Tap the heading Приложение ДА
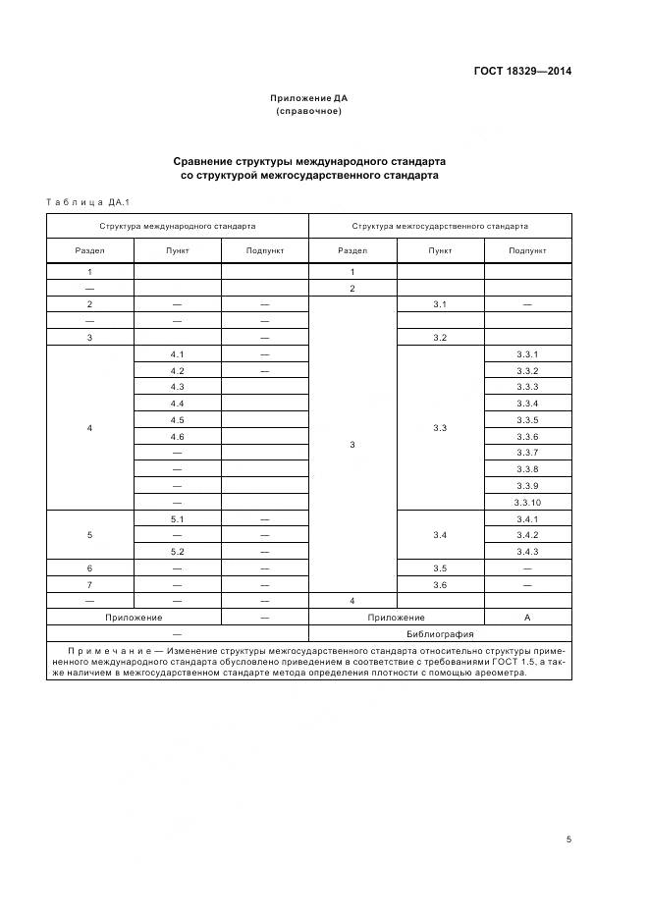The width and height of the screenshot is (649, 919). (x=309, y=98)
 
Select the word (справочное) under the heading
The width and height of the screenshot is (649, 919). (x=309, y=111)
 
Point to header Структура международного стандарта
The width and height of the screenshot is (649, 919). (x=177, y=226)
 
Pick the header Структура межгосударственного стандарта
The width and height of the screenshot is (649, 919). (x=440, y=226)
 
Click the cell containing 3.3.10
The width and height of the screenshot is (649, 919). (x=527, y=502)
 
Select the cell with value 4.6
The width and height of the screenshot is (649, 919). (x=177, y=436)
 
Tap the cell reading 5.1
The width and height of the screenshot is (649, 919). (x=177, y=518)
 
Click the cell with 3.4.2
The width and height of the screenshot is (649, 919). (x=527, y=535)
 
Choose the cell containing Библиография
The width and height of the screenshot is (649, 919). (x=440, y=634)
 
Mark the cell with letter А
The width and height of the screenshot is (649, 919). (x=527, y=618)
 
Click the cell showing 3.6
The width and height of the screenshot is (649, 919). (x=440, y=584)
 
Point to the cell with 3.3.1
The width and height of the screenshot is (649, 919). (x=527, y=353)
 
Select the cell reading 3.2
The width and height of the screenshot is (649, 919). (x=440, y=338)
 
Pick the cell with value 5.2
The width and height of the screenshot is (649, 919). (x=177, y=552)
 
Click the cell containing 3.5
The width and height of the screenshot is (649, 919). (x=440, y=568)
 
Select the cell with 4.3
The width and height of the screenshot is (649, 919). (x=177, y=387)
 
